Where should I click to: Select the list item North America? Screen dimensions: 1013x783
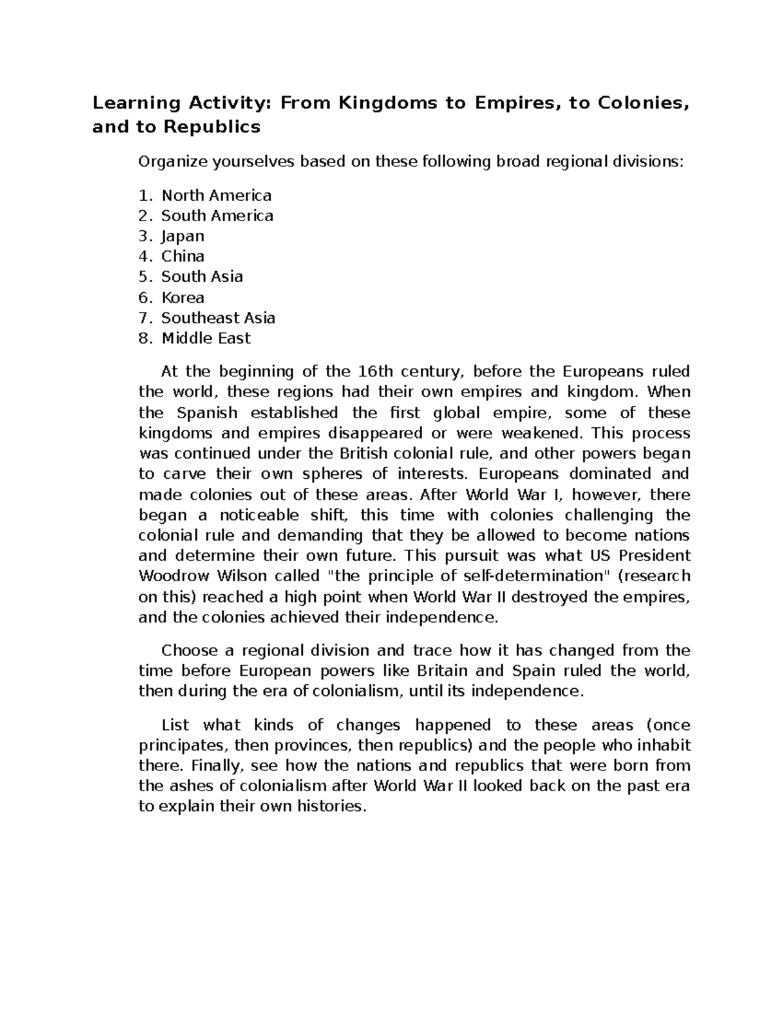pos(216,195)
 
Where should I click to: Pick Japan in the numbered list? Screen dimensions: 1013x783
pos(183,236)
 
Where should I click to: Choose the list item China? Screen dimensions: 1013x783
pos(183,256)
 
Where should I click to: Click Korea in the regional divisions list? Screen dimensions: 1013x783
pos(183,297)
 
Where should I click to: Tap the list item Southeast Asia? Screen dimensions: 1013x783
pos(218,318)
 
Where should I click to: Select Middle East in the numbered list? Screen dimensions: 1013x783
pos(206,338)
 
